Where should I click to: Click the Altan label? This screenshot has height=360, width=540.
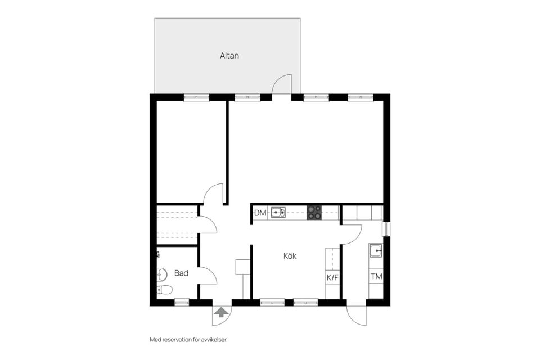(229, 56)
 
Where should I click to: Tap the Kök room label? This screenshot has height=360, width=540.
(290, 256)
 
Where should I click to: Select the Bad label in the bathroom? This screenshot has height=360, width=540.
(181, 273)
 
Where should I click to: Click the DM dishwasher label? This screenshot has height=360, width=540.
(260, 213)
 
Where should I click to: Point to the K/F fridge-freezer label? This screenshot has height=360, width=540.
(332, 278)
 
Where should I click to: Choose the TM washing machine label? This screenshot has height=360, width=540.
(376, 276)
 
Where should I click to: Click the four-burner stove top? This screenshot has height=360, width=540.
(314, 213)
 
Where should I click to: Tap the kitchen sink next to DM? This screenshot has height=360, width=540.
(278, 213)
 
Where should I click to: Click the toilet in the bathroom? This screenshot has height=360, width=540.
(164, 290)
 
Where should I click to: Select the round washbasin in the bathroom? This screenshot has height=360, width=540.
(161, 274)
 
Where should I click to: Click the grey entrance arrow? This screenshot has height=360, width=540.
(220, 312)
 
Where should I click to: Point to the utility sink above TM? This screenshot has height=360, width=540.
(376, 250)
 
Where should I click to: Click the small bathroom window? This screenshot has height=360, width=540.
(182, 302)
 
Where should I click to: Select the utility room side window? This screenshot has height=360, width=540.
(386, 229)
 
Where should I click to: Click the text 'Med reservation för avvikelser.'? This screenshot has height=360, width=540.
(189, 340)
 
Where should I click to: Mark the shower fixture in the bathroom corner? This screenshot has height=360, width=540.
(159, 255)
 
